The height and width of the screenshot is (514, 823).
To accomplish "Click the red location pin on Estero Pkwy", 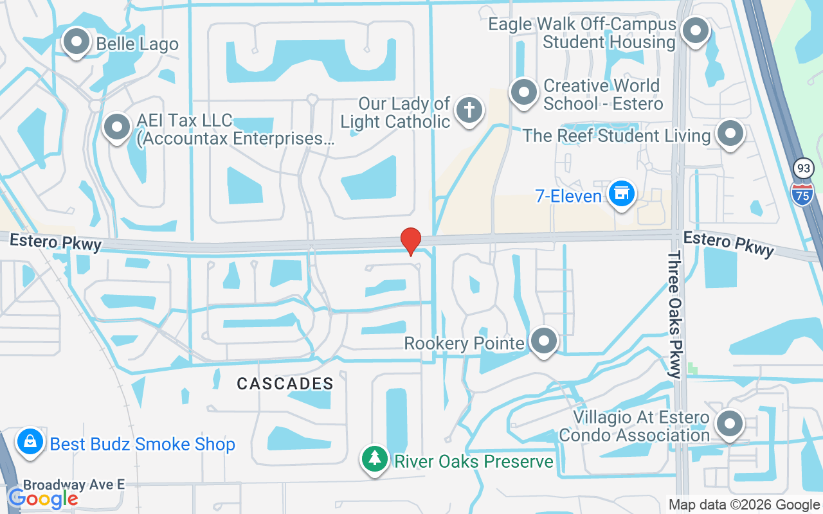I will click(x=411, y=241).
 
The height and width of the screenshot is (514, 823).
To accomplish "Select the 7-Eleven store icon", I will click(x=621, y=193).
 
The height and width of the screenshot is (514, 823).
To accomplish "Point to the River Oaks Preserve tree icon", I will click(x=374, y=459).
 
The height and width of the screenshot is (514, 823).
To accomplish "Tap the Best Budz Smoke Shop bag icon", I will click(x=30, y=442).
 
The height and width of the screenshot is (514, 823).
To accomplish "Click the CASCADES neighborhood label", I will click(x=285, y=384).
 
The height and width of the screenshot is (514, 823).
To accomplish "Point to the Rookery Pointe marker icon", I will click(x=544, y=341).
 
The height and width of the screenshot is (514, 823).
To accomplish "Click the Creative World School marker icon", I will click(x=524, y=93).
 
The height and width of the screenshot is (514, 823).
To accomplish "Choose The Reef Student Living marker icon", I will click(x=730, y=134).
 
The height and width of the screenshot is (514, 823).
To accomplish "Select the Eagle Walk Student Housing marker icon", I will click(x=694, y=31).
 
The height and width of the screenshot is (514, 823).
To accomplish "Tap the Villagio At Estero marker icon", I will click(x=730, y=424).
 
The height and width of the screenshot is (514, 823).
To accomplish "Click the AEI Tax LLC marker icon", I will click(x=117, y=127).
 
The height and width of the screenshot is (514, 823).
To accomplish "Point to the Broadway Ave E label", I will click(x=74, y=484).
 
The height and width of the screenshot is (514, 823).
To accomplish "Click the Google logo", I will click(x=42, y=499).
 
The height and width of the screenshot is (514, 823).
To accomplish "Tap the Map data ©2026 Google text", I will click(x=744, y=505).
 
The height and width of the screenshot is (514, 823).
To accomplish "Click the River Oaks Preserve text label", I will click(x=474, y=461).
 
